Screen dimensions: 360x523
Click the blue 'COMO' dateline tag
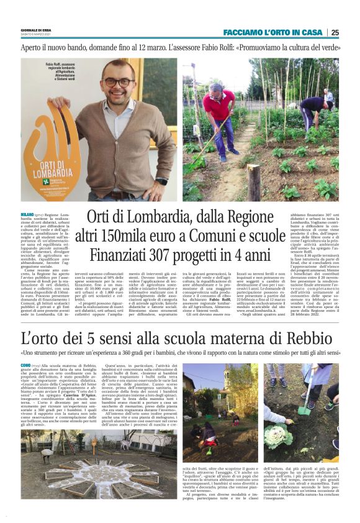(26, 366)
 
